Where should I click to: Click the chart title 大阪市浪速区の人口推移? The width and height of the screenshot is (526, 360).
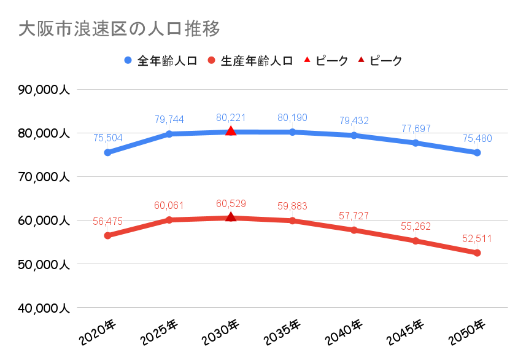click(x=120, y=29)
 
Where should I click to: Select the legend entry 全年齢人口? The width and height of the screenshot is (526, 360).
click(x=160, y=60)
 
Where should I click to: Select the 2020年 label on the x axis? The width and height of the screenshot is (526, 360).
click(x=97, y=332)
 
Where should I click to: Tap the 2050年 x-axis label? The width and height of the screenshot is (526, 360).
click(x=466, y=332)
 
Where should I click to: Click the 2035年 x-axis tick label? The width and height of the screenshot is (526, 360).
click(x=282, y=332)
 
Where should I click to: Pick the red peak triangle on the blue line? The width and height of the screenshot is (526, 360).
click(x=231, y=131)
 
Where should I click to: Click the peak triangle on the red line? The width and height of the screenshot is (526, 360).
click(x=231, y=217)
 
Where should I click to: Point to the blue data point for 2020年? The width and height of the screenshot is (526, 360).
click(x=107, y=152)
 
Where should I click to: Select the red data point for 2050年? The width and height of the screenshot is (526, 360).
click(x=477, y=253)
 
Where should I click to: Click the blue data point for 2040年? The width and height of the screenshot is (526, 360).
click(x=354, y=135)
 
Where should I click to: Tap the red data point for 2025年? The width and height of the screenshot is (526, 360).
click(x=169, y=220)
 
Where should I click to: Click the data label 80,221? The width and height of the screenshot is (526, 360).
click(x=231, y=117)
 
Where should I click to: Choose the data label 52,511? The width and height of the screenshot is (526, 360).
click(x=477, y=239)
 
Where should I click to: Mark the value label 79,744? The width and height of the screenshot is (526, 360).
click(x=169, y=119)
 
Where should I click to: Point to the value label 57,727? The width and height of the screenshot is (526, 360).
click(x=354, y=216)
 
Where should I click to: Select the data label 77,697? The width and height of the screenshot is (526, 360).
click(x=416, y=128)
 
